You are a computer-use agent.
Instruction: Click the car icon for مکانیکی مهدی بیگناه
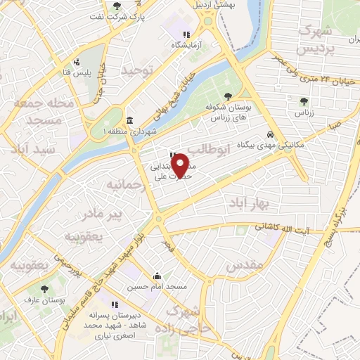click(271, 134)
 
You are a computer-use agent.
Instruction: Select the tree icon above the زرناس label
click(304, 102)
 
